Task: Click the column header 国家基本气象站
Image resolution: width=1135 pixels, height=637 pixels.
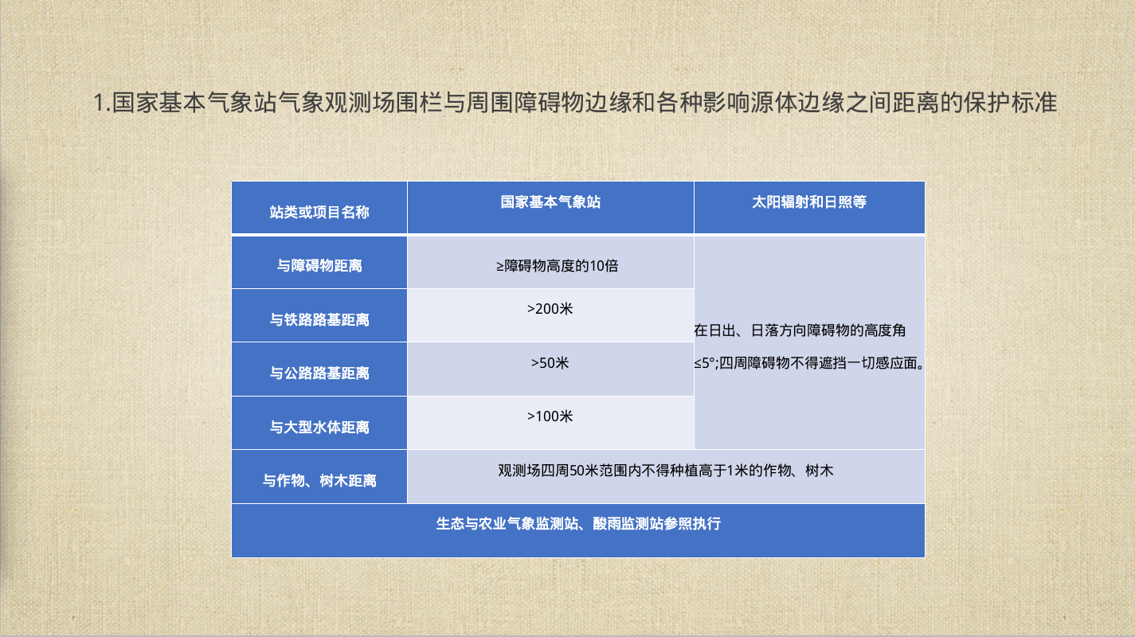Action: pos(550,202)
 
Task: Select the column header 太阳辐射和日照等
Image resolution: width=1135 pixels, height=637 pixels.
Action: pos(809,202)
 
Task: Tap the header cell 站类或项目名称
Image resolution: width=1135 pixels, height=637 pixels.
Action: pos(319,212)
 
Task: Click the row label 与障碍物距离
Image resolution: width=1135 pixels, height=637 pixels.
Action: pos(319,266)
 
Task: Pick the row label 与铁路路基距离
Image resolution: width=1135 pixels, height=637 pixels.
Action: pos(319,319)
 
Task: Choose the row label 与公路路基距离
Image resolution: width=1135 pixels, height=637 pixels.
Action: pos(319,373)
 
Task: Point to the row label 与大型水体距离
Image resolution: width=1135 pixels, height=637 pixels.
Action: pos(319,428)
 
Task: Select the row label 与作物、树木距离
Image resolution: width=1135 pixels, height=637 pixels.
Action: pos(319,480)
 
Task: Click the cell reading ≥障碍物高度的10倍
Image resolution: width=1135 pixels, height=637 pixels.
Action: pos(557,266)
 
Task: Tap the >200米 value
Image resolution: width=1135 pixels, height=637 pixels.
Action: pos(550,309)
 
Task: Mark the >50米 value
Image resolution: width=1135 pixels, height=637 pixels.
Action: pos(550,363)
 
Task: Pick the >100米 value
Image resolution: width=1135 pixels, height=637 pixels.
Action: pos(550,416)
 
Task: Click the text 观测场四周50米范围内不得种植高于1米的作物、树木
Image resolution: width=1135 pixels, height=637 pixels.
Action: pos(665,471)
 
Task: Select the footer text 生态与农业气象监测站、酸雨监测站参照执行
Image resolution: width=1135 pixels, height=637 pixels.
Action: pos(578,524)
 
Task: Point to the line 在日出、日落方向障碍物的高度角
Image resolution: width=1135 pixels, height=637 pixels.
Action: pos(800,330)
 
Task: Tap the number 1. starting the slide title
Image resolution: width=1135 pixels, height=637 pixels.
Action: pos(102,103)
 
